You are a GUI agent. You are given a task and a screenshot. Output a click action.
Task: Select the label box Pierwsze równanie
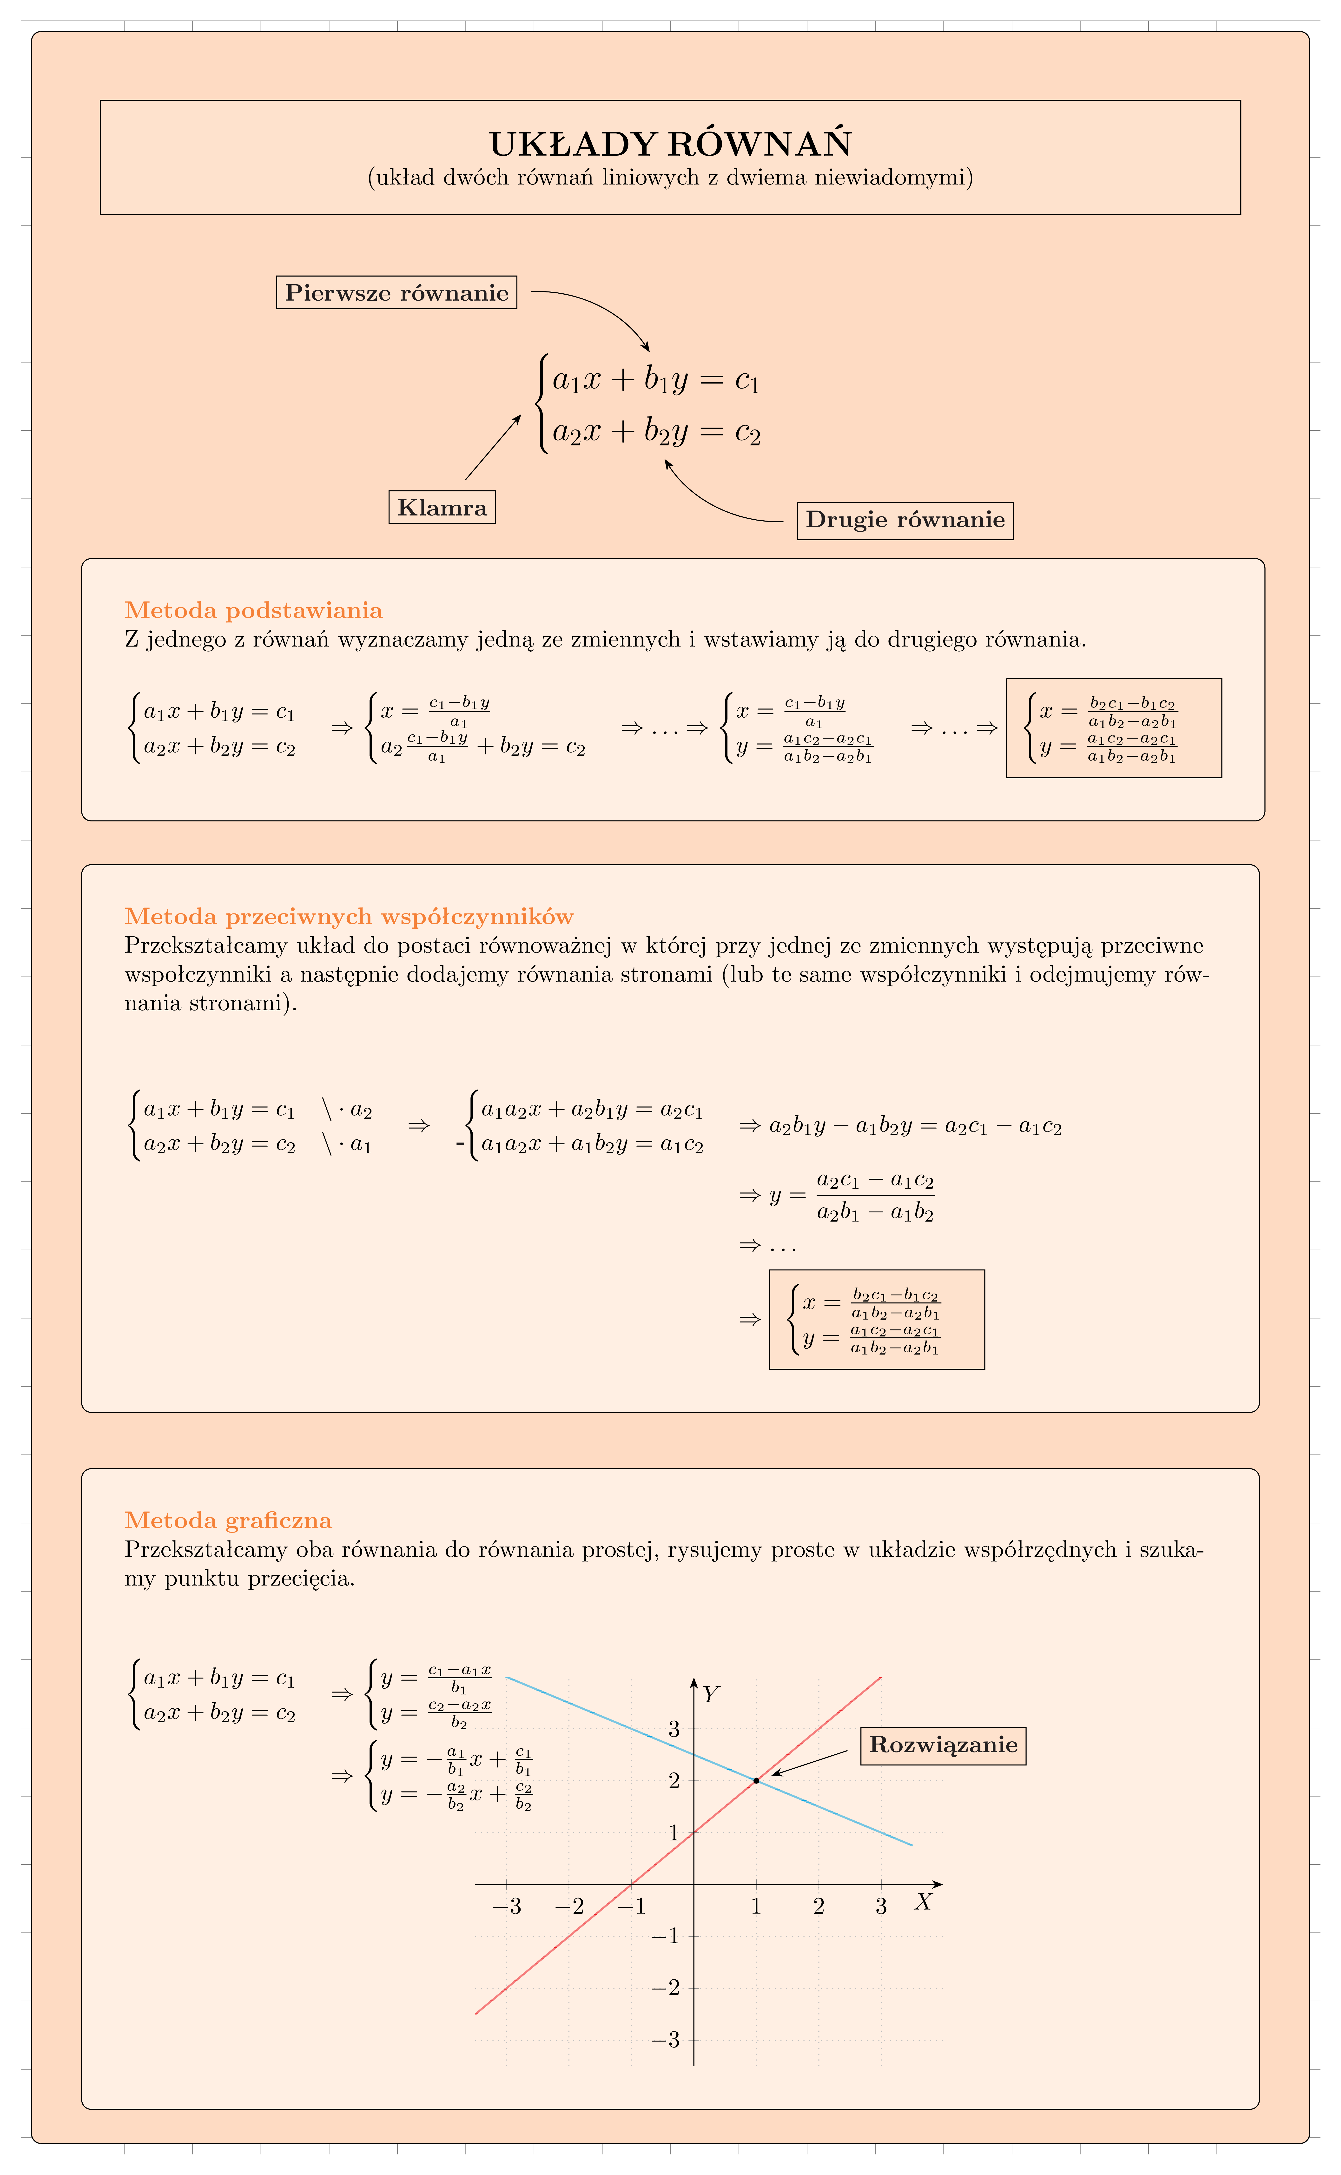pyautogui.click(x=396, y=293)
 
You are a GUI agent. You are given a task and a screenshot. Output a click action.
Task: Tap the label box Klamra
pyautogui.click(x=442, y=507)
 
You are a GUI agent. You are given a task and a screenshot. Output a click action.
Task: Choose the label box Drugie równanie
pyautogui.click(x=905, y=520)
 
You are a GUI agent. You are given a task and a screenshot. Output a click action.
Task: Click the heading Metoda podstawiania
pyautogui.click(x=254, y=610)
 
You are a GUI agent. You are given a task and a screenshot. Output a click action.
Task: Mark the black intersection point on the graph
pyautogui.click(x=756, y=1780)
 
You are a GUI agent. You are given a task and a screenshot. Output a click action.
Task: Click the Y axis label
pyautogui.click(x=710, y=1694)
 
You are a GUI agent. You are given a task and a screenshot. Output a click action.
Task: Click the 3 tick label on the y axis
pyautogui.click(x=674, y=1728)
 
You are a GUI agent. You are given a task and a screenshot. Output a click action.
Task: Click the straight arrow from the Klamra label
pyautogui.click(x=492, y=448)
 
